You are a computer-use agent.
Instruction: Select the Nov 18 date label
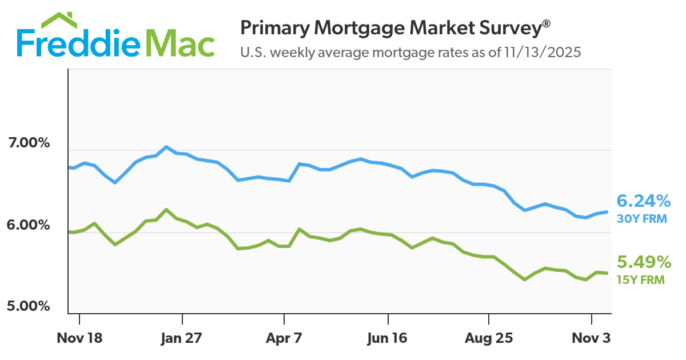(79, 338)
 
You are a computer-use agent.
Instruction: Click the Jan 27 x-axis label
(182, 338)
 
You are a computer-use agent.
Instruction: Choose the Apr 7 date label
(284, 338)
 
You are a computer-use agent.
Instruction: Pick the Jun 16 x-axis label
(387, 338)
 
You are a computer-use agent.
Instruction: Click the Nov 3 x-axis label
(591, 338)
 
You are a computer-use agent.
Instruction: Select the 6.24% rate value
(643, 201)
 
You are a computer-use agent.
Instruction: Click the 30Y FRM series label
(641, 218)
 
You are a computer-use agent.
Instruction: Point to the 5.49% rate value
(643, 262)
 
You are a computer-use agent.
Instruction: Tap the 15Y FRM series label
(640, 280)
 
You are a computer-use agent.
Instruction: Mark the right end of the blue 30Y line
(607, 212)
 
